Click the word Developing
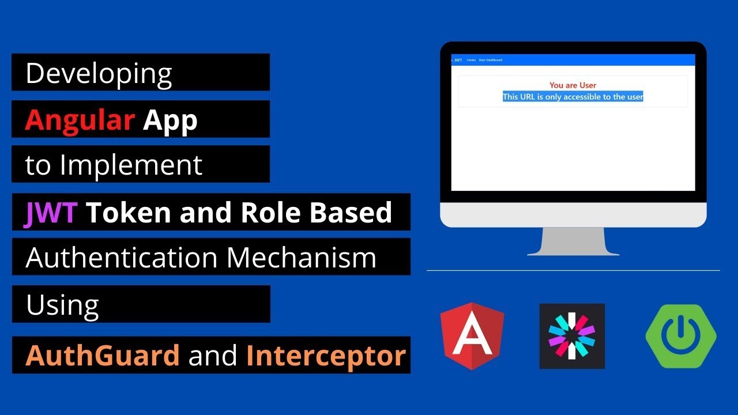[x=99, y=74]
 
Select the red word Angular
[x=80, y=120]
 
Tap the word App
[x=170, y=120]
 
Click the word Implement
[x=131, y=165]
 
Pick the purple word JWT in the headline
[x=51, y=213]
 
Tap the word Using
[x=62, y=305]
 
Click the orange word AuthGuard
[x=103, y=356]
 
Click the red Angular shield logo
[x=472, y=335]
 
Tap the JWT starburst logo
[x=572, y=335]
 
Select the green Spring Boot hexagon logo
[x=681, y=335]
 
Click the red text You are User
[x=573, y=85]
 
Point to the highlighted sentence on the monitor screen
[x=573, y=97]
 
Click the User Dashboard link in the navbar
[x=490, y=60]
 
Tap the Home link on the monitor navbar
[x=471, y=60]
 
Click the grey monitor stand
[x=573, y=242]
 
